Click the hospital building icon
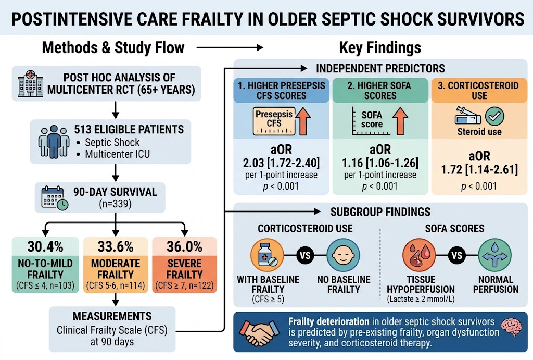point(31,83)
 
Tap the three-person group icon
point(54,142)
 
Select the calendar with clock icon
point(54,197)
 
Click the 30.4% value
point(45,246)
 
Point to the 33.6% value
point(116,246)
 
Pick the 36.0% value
point(185,246)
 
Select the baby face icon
point(344,255)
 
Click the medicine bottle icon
point(267,255)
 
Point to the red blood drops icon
point(419,255)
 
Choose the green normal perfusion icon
point(495,255)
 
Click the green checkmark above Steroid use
point(494,116)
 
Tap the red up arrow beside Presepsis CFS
point(303,121)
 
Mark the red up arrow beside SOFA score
point(400,121)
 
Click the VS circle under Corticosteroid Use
point(305,255)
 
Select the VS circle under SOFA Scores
point(457,255)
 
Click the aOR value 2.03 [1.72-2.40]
point(281,163)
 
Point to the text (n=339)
point(115,204)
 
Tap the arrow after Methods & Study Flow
point(230,47)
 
